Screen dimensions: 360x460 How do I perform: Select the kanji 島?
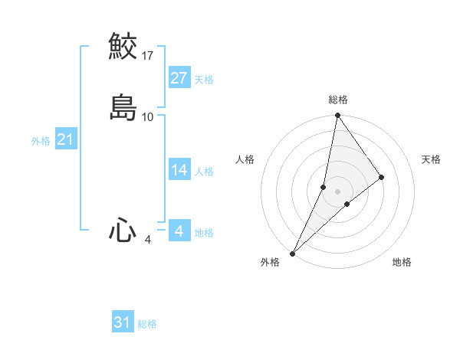pyautogui.click(x=123, y=107)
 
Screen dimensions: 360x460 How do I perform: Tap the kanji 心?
pyautogui.click(x=123, y=231)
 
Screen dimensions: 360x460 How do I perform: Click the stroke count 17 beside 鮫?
pyautogui.click(x=148, y=56)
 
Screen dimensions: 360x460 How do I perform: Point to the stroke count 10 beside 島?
pyautogui.click(x=148, y=117)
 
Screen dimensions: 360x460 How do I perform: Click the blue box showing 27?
pyautogui.click(x=179, y=78)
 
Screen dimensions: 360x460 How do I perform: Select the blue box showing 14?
pyautogui.click(x=179, y=170)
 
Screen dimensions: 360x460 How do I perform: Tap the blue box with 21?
pyautogui.click(x=65, y=139)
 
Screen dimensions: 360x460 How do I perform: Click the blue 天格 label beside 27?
pyautogui.click(x=204, y=80)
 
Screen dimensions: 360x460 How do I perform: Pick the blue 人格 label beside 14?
pyautogui.click(x=204, y=172)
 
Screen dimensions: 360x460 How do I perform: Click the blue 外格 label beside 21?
pyautogui.click(x=41, y=141)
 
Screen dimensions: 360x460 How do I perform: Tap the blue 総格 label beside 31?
pyautogui.click(x=147, y=324)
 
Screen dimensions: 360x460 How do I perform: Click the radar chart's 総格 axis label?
pyautogui.click(x=338, y=100)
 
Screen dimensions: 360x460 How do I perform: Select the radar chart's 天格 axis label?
pyautogui.click(x=432, y=159)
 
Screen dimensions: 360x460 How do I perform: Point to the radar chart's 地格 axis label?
pyautogui.click(x=402, y=262)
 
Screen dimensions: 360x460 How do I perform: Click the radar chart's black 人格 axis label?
pyautogui.click(x=245, y=159)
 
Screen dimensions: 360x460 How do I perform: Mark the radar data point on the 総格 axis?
pyautogui.click(x=338, y=116)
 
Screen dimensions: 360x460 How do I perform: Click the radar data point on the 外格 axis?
pyautogui.click(x=292, y=254)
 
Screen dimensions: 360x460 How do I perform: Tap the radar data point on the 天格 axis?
pyautogui.click(x=381, y=178)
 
